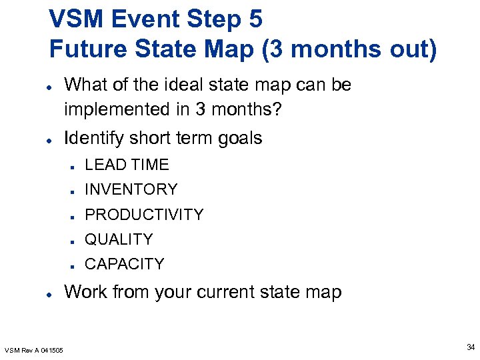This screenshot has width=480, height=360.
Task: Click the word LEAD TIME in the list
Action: (127, 165)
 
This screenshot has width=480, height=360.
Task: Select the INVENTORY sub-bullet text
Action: (131, 189)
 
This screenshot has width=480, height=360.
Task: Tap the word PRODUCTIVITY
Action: (144, 215)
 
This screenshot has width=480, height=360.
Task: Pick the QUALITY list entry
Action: (119, 239)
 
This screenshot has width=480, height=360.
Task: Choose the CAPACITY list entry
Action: (124, 264)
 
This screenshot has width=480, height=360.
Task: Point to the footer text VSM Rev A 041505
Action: (34, 350)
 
